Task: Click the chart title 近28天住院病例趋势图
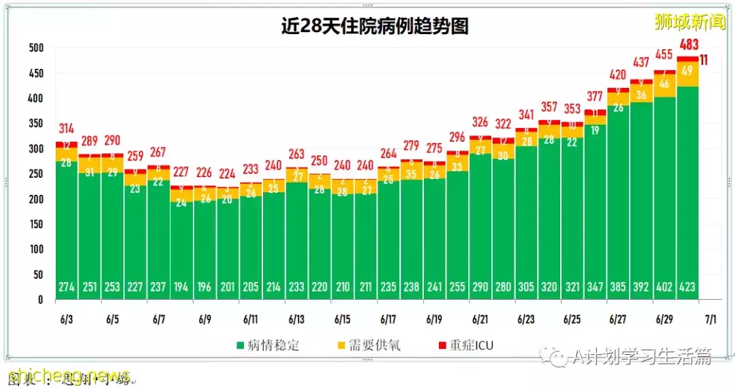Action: [375, 26]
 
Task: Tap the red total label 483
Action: [687, 46]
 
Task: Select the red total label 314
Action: [67, 129]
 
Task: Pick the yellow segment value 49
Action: [687, 71]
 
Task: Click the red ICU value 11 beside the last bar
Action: [703, 60]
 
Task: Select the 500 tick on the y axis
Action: [36, 48]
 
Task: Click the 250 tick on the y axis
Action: [36, 174]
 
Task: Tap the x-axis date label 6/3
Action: [67, 319]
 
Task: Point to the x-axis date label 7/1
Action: [709, 319]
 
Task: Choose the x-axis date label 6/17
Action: [388, 319]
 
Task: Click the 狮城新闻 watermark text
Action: [690, 22]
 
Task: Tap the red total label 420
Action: [618, 75]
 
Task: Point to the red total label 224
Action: [228, 173]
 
